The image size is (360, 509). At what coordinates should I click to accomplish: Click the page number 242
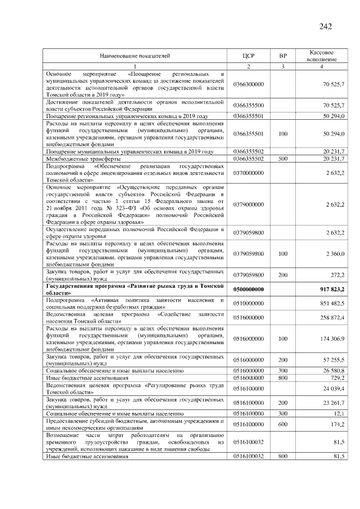coord(326,26)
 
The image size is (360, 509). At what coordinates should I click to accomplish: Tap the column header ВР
coord(283,56)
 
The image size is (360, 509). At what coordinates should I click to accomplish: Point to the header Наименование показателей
coord(135,56)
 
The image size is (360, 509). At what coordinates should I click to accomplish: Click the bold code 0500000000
coord(249,289)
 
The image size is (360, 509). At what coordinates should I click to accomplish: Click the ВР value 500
coord(283,159)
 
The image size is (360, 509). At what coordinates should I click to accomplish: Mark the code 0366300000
coord(249,84)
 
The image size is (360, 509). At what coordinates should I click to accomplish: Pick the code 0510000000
coord(249,303)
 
